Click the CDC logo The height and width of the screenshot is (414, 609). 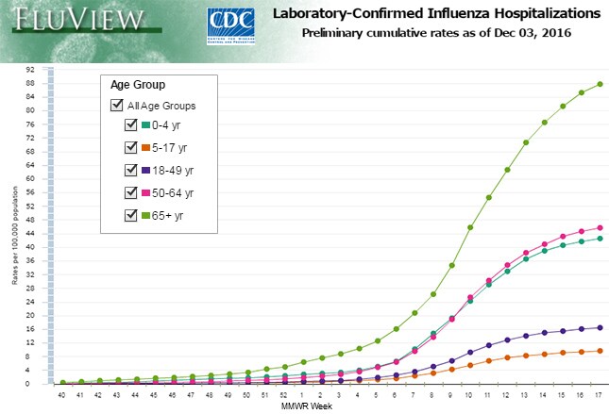[228, 25]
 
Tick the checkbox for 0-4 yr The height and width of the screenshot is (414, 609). [131, 125]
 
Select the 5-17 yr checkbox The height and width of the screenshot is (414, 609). [131, 148]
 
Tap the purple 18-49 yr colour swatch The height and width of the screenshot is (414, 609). [146, 171]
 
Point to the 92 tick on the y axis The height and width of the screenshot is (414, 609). [31, 69]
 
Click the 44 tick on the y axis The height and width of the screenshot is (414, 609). [31, 233]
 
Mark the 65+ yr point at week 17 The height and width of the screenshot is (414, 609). [600, 84]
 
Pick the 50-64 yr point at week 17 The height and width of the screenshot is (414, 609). [600, 227]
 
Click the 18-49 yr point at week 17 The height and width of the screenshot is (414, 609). [600, 327]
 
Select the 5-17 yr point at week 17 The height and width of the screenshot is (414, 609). [600, 351]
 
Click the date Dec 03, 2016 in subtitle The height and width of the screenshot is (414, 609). [538, 33]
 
